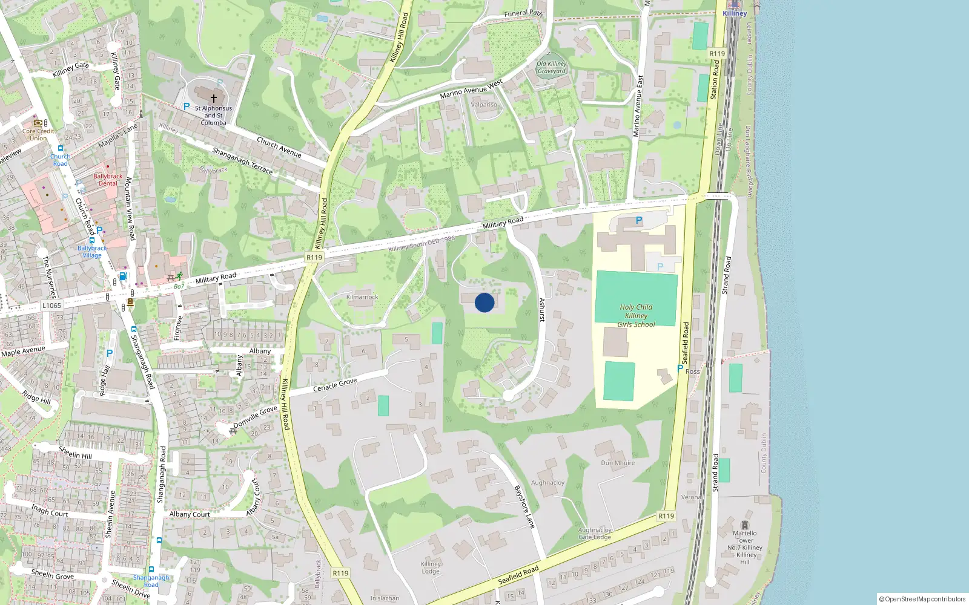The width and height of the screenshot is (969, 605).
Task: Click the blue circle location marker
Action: (x=484, y=302)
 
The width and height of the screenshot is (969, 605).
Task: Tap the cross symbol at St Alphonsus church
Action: (x=213, y=98)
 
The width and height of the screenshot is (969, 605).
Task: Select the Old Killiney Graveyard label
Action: (x=552, y=67)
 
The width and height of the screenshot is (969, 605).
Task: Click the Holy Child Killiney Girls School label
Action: (x=636, y=316)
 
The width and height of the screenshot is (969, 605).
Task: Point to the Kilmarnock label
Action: (x=362, y=297)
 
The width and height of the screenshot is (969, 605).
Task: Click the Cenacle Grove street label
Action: (x=335, y=385)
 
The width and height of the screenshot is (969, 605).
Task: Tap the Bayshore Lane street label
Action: (x=524, y=507)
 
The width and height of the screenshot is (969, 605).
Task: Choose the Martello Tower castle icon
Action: (x=745, y=525)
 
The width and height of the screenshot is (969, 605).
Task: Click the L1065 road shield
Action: (x=51, y=306)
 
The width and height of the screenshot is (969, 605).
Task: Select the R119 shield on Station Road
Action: (x=717, y=54)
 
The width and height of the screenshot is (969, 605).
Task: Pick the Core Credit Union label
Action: (x=38, y=134)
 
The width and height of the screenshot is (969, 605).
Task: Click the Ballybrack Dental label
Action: (x=108, y=180)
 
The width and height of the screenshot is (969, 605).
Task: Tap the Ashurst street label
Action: (x=542, y=310)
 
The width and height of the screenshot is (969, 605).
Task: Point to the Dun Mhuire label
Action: (x=618, y=463)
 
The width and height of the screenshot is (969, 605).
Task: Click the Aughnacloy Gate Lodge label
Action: (x=595, y=533)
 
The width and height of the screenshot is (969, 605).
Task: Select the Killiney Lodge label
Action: (x=431, y=567)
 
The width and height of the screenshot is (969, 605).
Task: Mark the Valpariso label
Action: (x=484, y=105)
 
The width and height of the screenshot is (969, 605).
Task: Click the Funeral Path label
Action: (x=523, y=13)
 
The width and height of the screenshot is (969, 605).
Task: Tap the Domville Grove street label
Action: (x=255, y=416)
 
